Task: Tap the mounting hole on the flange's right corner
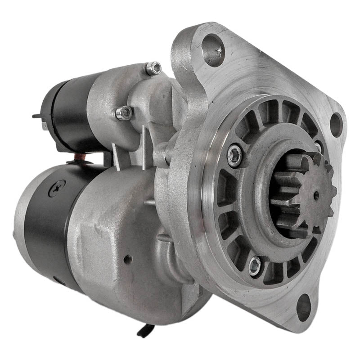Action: (x=336, y=125)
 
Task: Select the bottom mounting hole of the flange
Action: (x=304, y=307)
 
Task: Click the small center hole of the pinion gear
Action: (x=316, y=195)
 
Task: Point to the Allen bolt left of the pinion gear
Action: (x=234, y=155)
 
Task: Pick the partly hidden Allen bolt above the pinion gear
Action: (x=319, y=147)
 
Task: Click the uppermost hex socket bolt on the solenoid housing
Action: (x=154, y=68)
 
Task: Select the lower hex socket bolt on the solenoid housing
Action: (x=125, y=113)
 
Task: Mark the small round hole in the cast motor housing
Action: (x=128, y=259)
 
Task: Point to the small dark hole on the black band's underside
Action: (x=57, y=280)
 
